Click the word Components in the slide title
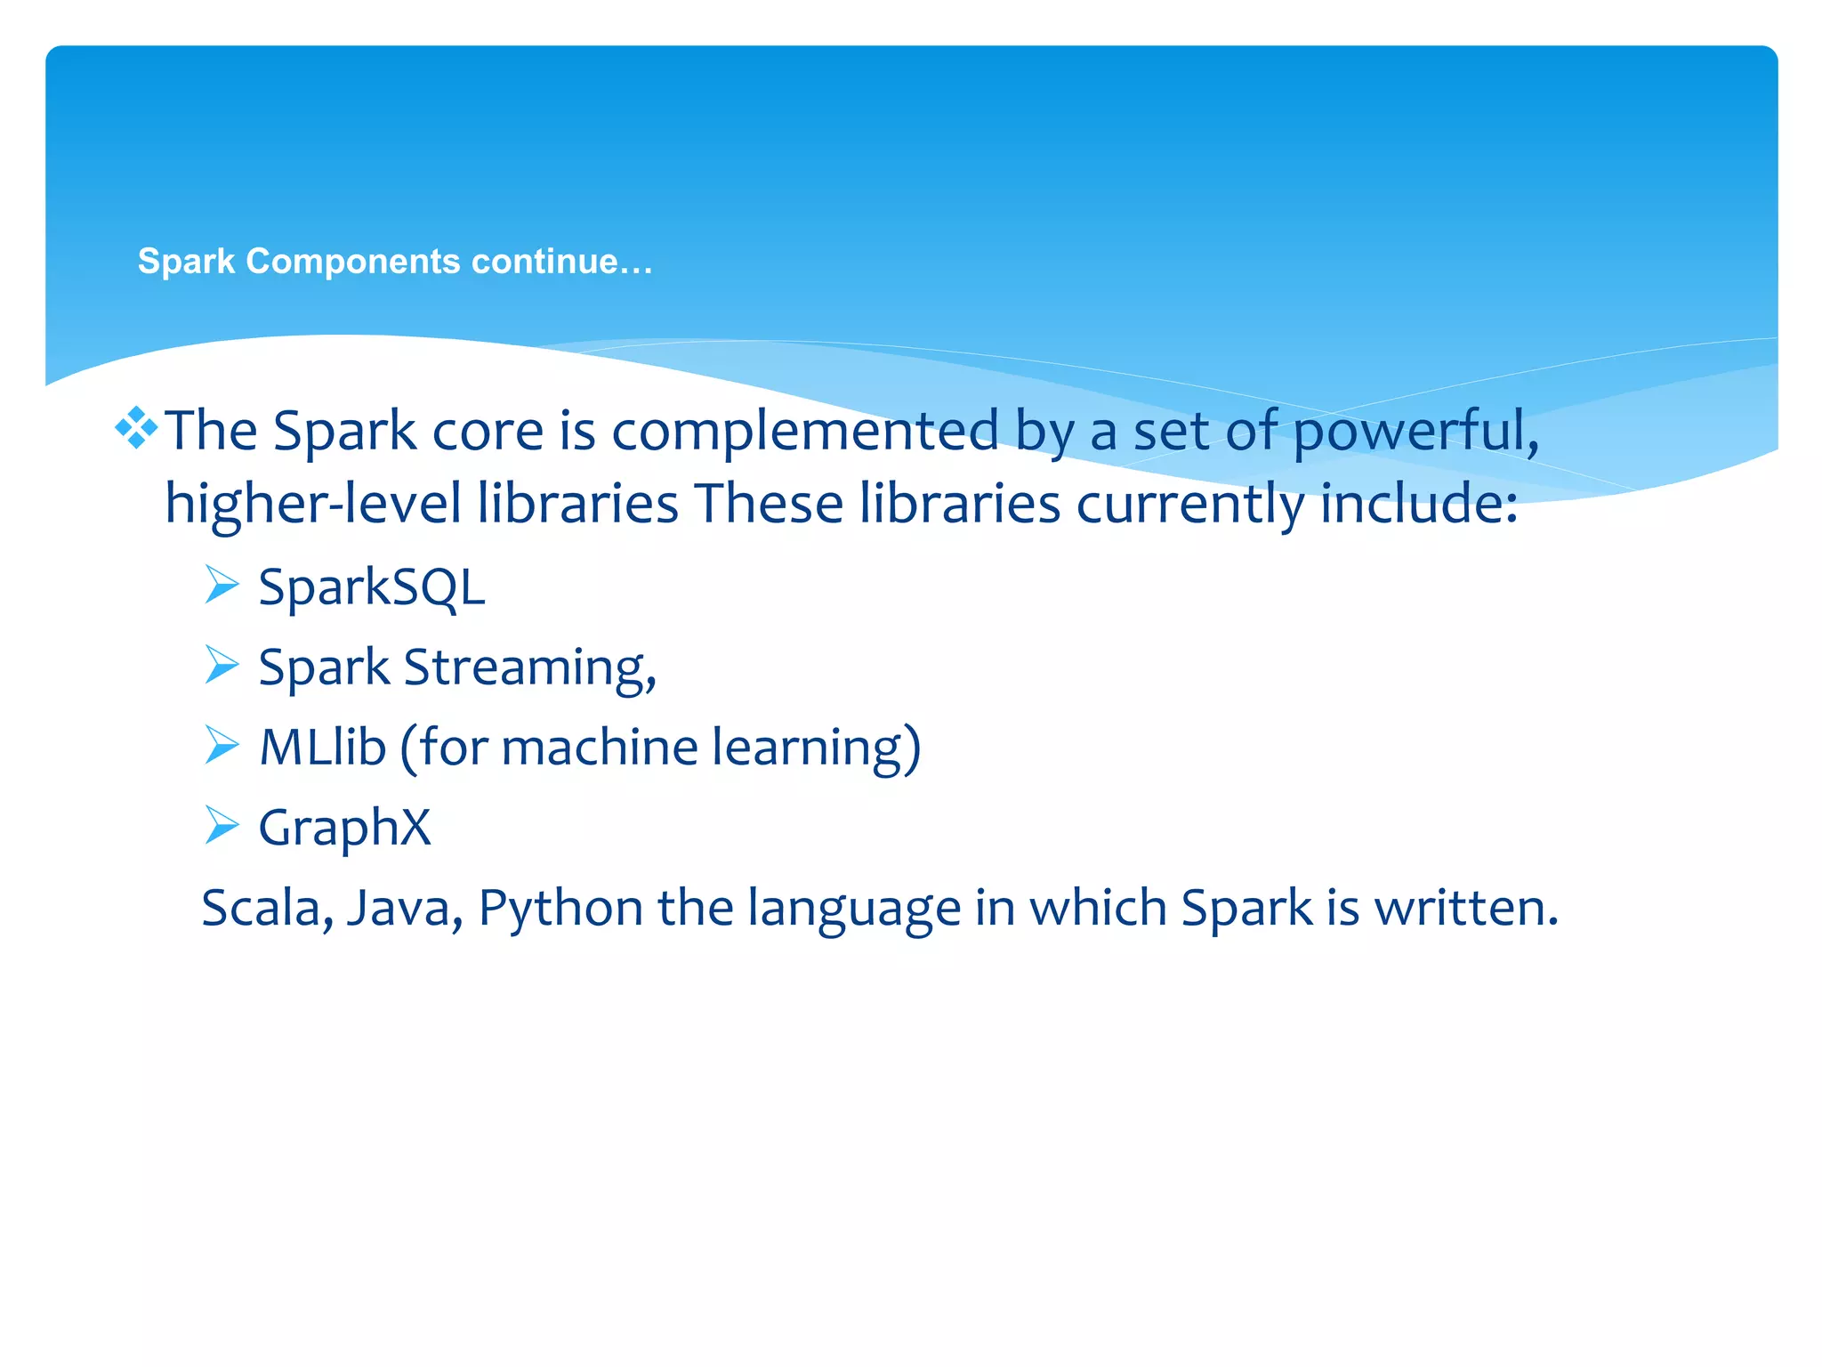pyautogui.click(x=353, y=262)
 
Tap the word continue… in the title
pyautogui.click(x=562, y=262)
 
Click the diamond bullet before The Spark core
pyautogui.click(x=136, y=429)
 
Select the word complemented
pyautogui.click(x=806, y=433)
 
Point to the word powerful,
pyautogui.click(x=1415, y=433)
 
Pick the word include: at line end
pyautogui.click(x=1419, y=505)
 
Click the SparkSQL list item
pyautogui.click(x=372, y=588)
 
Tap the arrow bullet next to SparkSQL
pyautogui.click(x=222, y=585)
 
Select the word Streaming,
pyautogui.click(x=530, y=668)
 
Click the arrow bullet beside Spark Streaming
pyautogui.click(x=222, y=665)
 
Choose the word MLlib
pyautogui.click(x=323, y=748)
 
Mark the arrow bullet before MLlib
pyautogui.click(x=222, y=745)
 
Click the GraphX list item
pyautogui.click(x=345, y=829)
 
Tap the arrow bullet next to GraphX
pyautogui.click(x=222, y=825)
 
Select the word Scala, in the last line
pyautogui.click(x=268, y=909)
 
